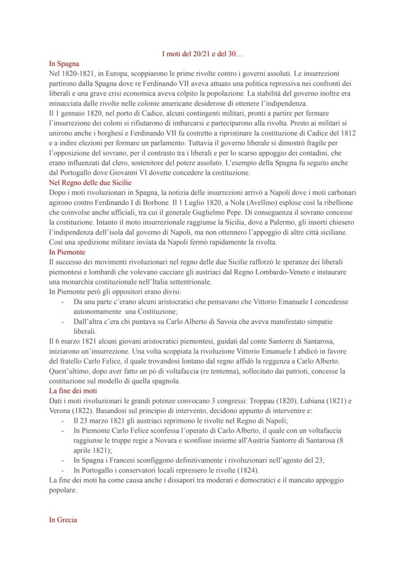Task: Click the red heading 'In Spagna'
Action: tap(64, 64)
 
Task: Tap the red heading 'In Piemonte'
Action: tap(67, 252)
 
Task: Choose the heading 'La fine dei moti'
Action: tap(73, 390)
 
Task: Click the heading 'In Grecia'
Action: tap(63, 520)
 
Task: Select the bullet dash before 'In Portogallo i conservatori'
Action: tap(62, 470)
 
